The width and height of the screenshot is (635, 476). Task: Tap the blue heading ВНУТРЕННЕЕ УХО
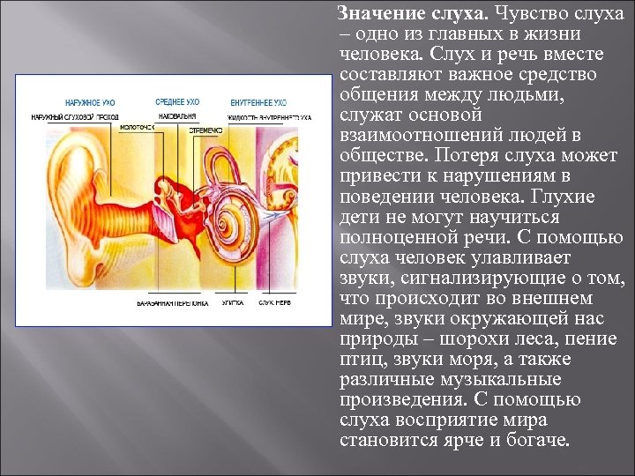click(258, 102)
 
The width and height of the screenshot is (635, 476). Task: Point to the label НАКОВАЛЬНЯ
click(177, 115)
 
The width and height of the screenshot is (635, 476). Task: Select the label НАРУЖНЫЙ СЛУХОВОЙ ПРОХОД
click(75, 116)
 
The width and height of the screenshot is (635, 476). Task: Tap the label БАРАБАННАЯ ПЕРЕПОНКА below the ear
click(173, 302)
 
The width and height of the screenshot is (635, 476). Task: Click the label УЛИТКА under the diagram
click(232, 302)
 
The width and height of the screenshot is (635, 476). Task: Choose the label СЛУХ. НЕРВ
click(275, 302)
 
